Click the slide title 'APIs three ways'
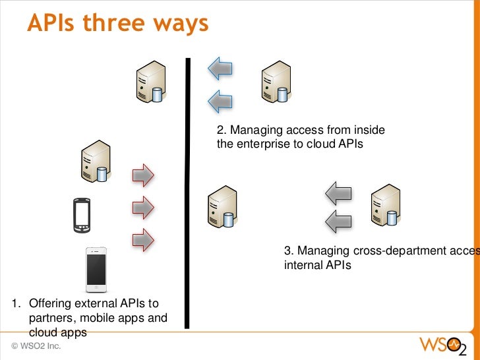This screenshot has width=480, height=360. pyautogui.click(x=118, y=24)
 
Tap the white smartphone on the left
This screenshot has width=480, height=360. pyautogui.click(x=96, y=270)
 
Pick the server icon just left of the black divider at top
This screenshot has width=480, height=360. pyautogui.click(x=148, y=83)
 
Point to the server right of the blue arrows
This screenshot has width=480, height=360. pyautogui.click(x=275, y=83)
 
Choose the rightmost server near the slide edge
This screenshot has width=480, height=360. pyautogui.click(x=385, y=205)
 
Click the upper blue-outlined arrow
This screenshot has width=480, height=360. pyautogui.click(x=220, y=67)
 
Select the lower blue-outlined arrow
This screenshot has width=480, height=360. pyautogui.click(x=220, y=101)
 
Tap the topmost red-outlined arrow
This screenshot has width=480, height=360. pyautogui.click(x=143, y=175)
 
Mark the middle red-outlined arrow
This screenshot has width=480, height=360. pyautogui.click(x=143, y=208)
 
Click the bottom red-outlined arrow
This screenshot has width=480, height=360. pyautogui.click(x=143, y=239)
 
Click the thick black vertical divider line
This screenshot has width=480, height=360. pyautogui.click(x=188, y=191)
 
